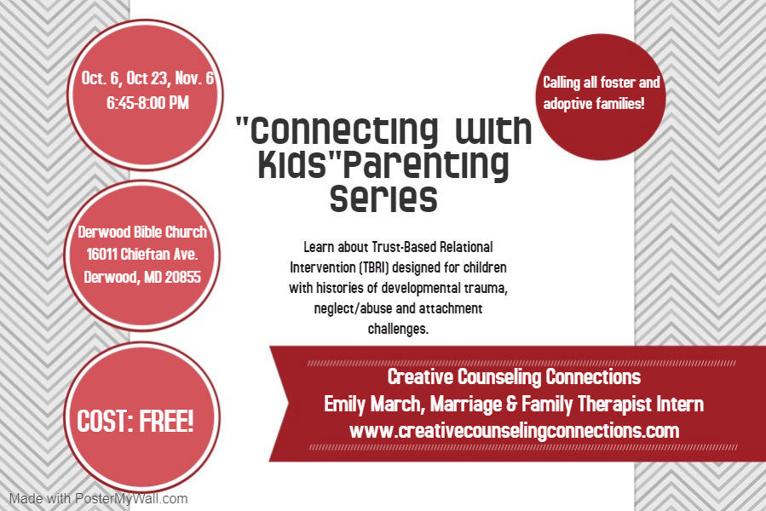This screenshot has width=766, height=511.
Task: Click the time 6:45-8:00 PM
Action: click(x=147, y=102)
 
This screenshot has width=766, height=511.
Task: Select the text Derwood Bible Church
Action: click(x=142, y=232)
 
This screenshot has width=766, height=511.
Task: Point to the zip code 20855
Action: click(x=182, y=277)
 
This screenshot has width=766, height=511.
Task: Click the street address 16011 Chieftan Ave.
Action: click(x=142, y=254)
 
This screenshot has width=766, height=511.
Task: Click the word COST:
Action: click(x=105, y=421)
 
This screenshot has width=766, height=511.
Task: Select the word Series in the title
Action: click(x=383, y=198)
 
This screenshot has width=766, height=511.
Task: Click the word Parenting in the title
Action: click(x=425, y=164)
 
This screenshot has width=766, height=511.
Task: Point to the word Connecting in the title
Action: click(x=344, y=131)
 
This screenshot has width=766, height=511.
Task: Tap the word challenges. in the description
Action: click(x=398, y=329)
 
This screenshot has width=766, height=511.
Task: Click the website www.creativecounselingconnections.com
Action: click(x=515, y=431)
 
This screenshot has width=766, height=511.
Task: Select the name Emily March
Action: click(x=371, y=404)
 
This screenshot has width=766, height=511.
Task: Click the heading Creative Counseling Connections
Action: click(x=514, y=377)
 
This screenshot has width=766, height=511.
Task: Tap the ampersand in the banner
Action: click(x=511, y=404)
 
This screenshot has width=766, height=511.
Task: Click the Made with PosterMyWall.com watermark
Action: click(x=98, y=499)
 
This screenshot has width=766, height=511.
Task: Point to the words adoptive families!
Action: click(x=594, y=104)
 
